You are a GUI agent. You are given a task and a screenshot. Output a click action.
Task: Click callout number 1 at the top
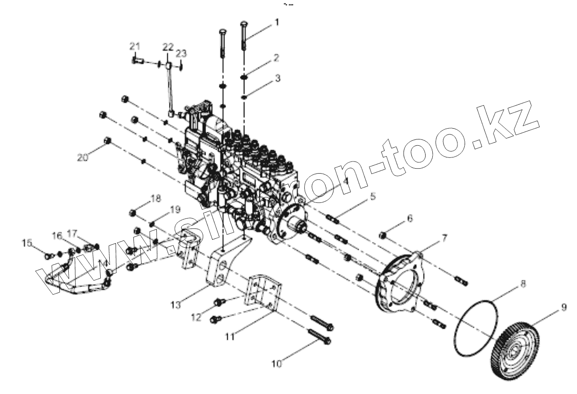pos(277,22)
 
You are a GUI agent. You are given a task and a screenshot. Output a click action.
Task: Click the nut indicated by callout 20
pos(107,141)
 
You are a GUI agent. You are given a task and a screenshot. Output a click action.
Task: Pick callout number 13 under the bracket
pos(176,304)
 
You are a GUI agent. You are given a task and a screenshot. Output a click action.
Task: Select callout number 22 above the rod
pos(168,46)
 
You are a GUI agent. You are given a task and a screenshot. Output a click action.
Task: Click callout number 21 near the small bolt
pos(135,45)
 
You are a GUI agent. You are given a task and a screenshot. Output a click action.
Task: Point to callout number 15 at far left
pos(27,243)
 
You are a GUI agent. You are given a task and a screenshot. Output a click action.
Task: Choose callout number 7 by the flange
pos(444,238)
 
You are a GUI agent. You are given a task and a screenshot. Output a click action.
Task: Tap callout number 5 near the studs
pos(373,197)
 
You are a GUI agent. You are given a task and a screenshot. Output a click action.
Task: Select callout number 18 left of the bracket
pos(155,198)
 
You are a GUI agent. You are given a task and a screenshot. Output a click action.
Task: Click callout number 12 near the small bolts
pos(196,317)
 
